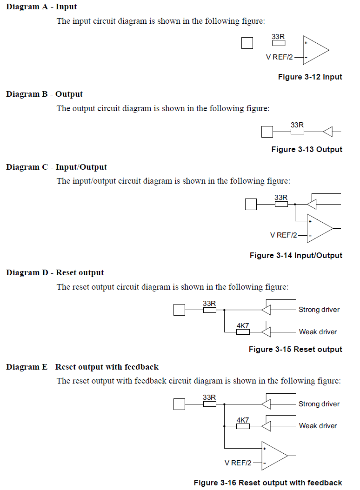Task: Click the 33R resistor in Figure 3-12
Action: tap(278, 43)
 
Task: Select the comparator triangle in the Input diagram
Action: tap(316, 50)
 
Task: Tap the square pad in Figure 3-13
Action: tap(267, 132)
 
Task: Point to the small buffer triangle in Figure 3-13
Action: tap(328, 132)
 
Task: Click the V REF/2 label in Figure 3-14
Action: tap(283, 235)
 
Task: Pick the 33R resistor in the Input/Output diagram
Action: tap(281, 205)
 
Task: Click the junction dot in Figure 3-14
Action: tap(295, 205)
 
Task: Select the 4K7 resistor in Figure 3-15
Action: tap(243, 332)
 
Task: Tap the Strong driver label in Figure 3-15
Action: tap(319, 310)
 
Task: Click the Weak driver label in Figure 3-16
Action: tap(318, 426)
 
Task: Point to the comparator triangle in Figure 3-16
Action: tap(274, 456)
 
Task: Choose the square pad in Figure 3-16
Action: tap(179, 404)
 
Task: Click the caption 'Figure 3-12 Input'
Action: tap(310, 77)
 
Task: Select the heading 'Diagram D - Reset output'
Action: tap(55, 272)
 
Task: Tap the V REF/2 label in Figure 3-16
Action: tap(238, 463)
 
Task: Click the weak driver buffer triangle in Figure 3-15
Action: tap(266, 332)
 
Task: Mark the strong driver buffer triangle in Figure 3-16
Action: tap(266, 404)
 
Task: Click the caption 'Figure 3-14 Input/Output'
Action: tap(296, 256)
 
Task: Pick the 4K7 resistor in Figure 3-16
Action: tap(243, 426)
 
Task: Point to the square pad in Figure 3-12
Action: tap(247, 43)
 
